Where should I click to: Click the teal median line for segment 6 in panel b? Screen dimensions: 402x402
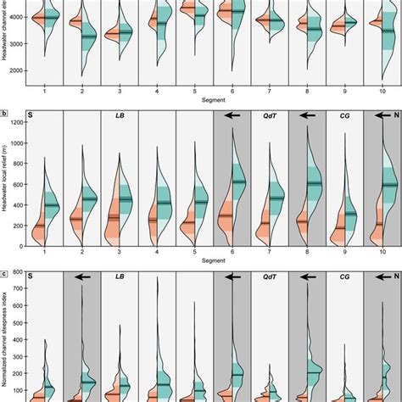(237, 181)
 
